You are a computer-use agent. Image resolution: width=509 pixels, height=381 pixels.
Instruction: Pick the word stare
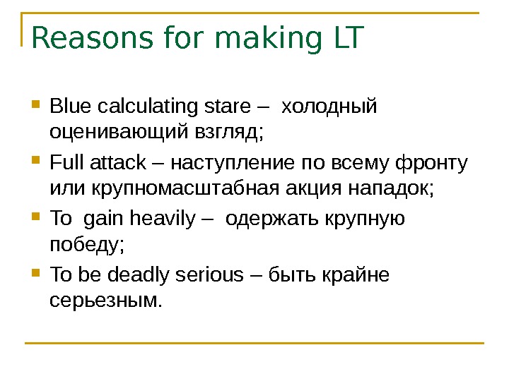[226, 107]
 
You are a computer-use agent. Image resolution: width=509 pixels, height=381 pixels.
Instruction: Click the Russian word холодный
[329, 107]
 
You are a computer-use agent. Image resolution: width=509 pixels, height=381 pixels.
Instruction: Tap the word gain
[106, 220]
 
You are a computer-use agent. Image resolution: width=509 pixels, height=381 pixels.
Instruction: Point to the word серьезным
[106, 301]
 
